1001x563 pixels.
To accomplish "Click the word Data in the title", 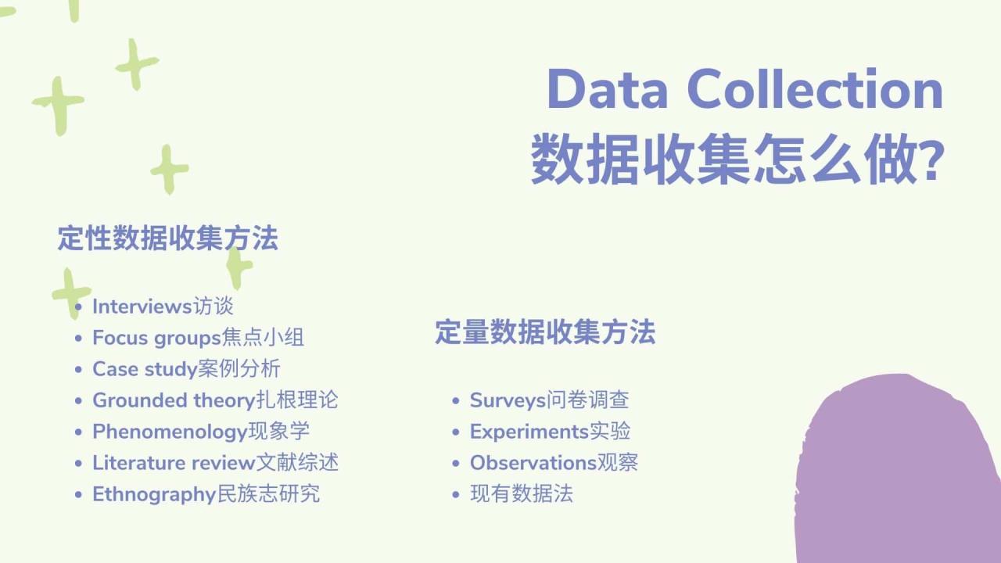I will [607, 89].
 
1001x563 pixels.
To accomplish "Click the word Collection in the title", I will [815, 89].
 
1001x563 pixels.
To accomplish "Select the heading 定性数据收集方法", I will [167, 238].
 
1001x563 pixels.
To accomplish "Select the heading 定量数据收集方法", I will [545, 332].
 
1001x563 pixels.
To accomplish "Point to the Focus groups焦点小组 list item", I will [198, 338].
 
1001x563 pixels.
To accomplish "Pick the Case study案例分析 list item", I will [186, 369].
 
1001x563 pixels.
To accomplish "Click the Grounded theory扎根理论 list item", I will [215, 400].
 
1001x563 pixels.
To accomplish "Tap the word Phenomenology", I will [170, 432].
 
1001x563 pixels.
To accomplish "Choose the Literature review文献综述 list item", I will [215, 463].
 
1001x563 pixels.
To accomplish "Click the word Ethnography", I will [153, 494].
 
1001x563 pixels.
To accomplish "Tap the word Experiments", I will [529, 432].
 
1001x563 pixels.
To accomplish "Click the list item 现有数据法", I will [521, 494].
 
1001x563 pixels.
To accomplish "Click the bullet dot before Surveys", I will [456, 401].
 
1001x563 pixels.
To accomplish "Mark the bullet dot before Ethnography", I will [78, 495].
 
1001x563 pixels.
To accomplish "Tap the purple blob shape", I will [907, 477].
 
